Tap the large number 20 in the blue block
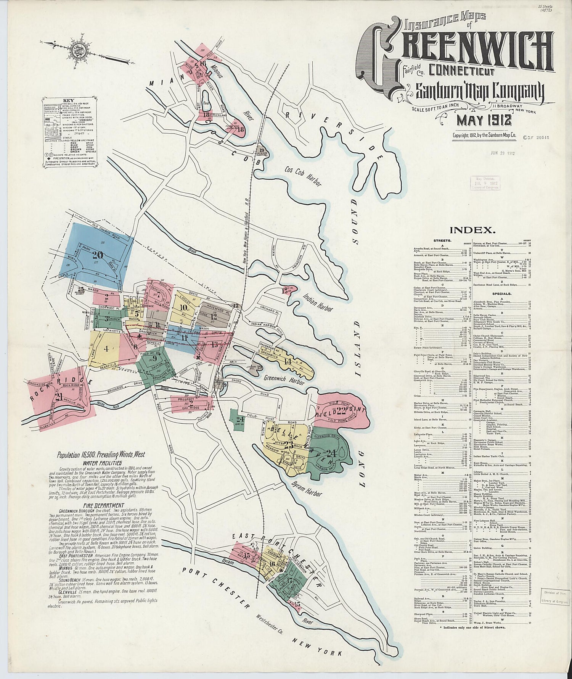pyautogui.click(x=97, y=255)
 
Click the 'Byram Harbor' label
pyautogui.click(x=307, y=489)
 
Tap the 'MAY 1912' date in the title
pyautogui.click(x=484, y=121)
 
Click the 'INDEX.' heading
pyautogui.click(x=472, y=230)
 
